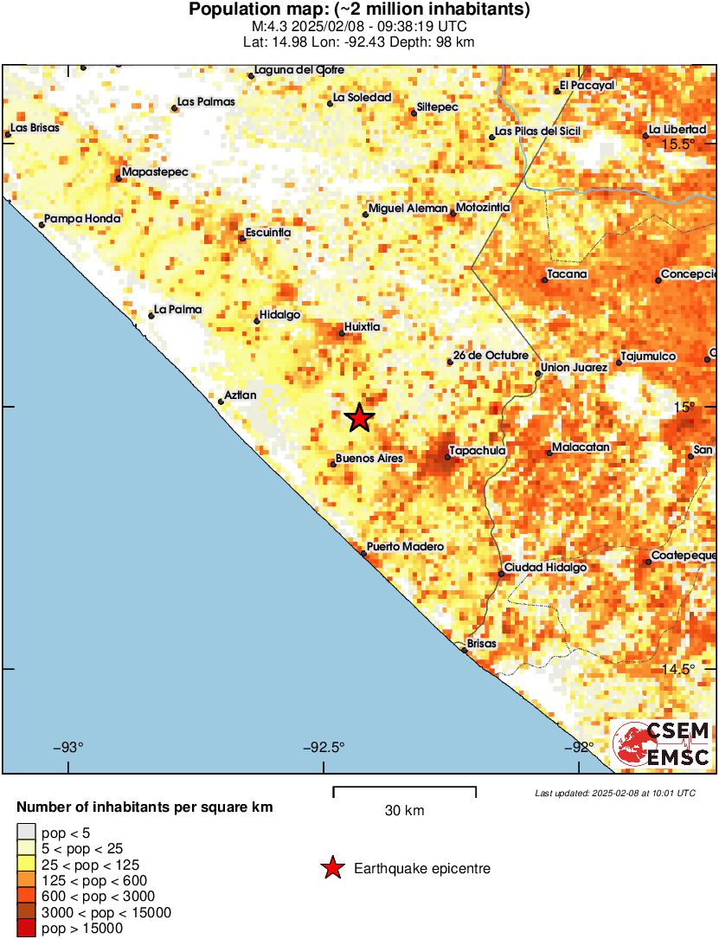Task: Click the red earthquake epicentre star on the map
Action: coord(360,418)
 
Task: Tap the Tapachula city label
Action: coord(477,450)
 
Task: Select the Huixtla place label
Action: coord(363,328)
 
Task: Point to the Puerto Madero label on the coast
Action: coord(405,547)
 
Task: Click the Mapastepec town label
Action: coord(155,172)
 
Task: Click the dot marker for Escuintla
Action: coord(242,238)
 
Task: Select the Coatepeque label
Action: coord(684,555)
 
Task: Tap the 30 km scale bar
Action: coord(404,788)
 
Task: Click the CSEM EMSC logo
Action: coord(662,744)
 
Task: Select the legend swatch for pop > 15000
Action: coord(27,929)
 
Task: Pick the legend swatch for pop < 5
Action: coord(27,833)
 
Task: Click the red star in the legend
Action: coord(331,868)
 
